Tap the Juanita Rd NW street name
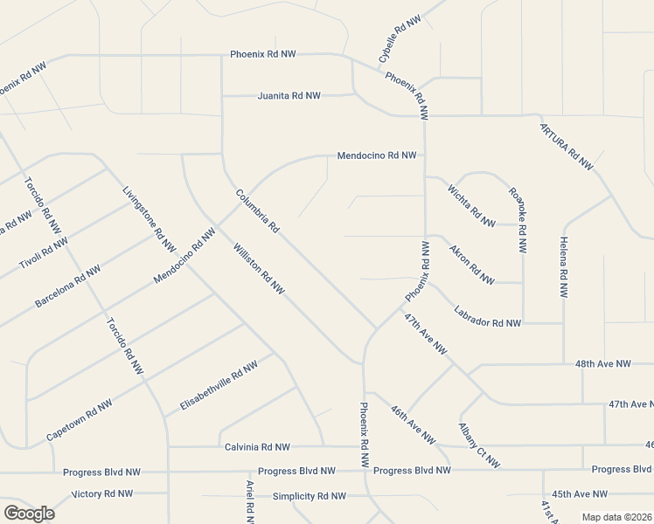289,95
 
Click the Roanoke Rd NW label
518,220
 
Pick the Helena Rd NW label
564,268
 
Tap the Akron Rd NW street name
471,263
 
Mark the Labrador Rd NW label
487,322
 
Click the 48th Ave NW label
602,363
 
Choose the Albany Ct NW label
479,445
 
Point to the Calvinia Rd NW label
257,447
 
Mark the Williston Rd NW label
259,267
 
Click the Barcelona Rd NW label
67,286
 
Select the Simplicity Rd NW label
309,496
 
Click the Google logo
29,513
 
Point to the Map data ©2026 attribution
616,517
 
